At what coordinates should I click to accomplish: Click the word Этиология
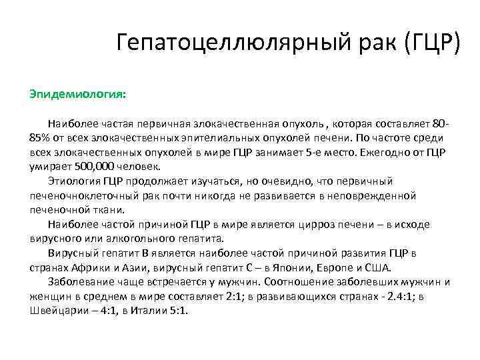tap(75, 181)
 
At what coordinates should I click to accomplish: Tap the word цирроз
tap(323, 224)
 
